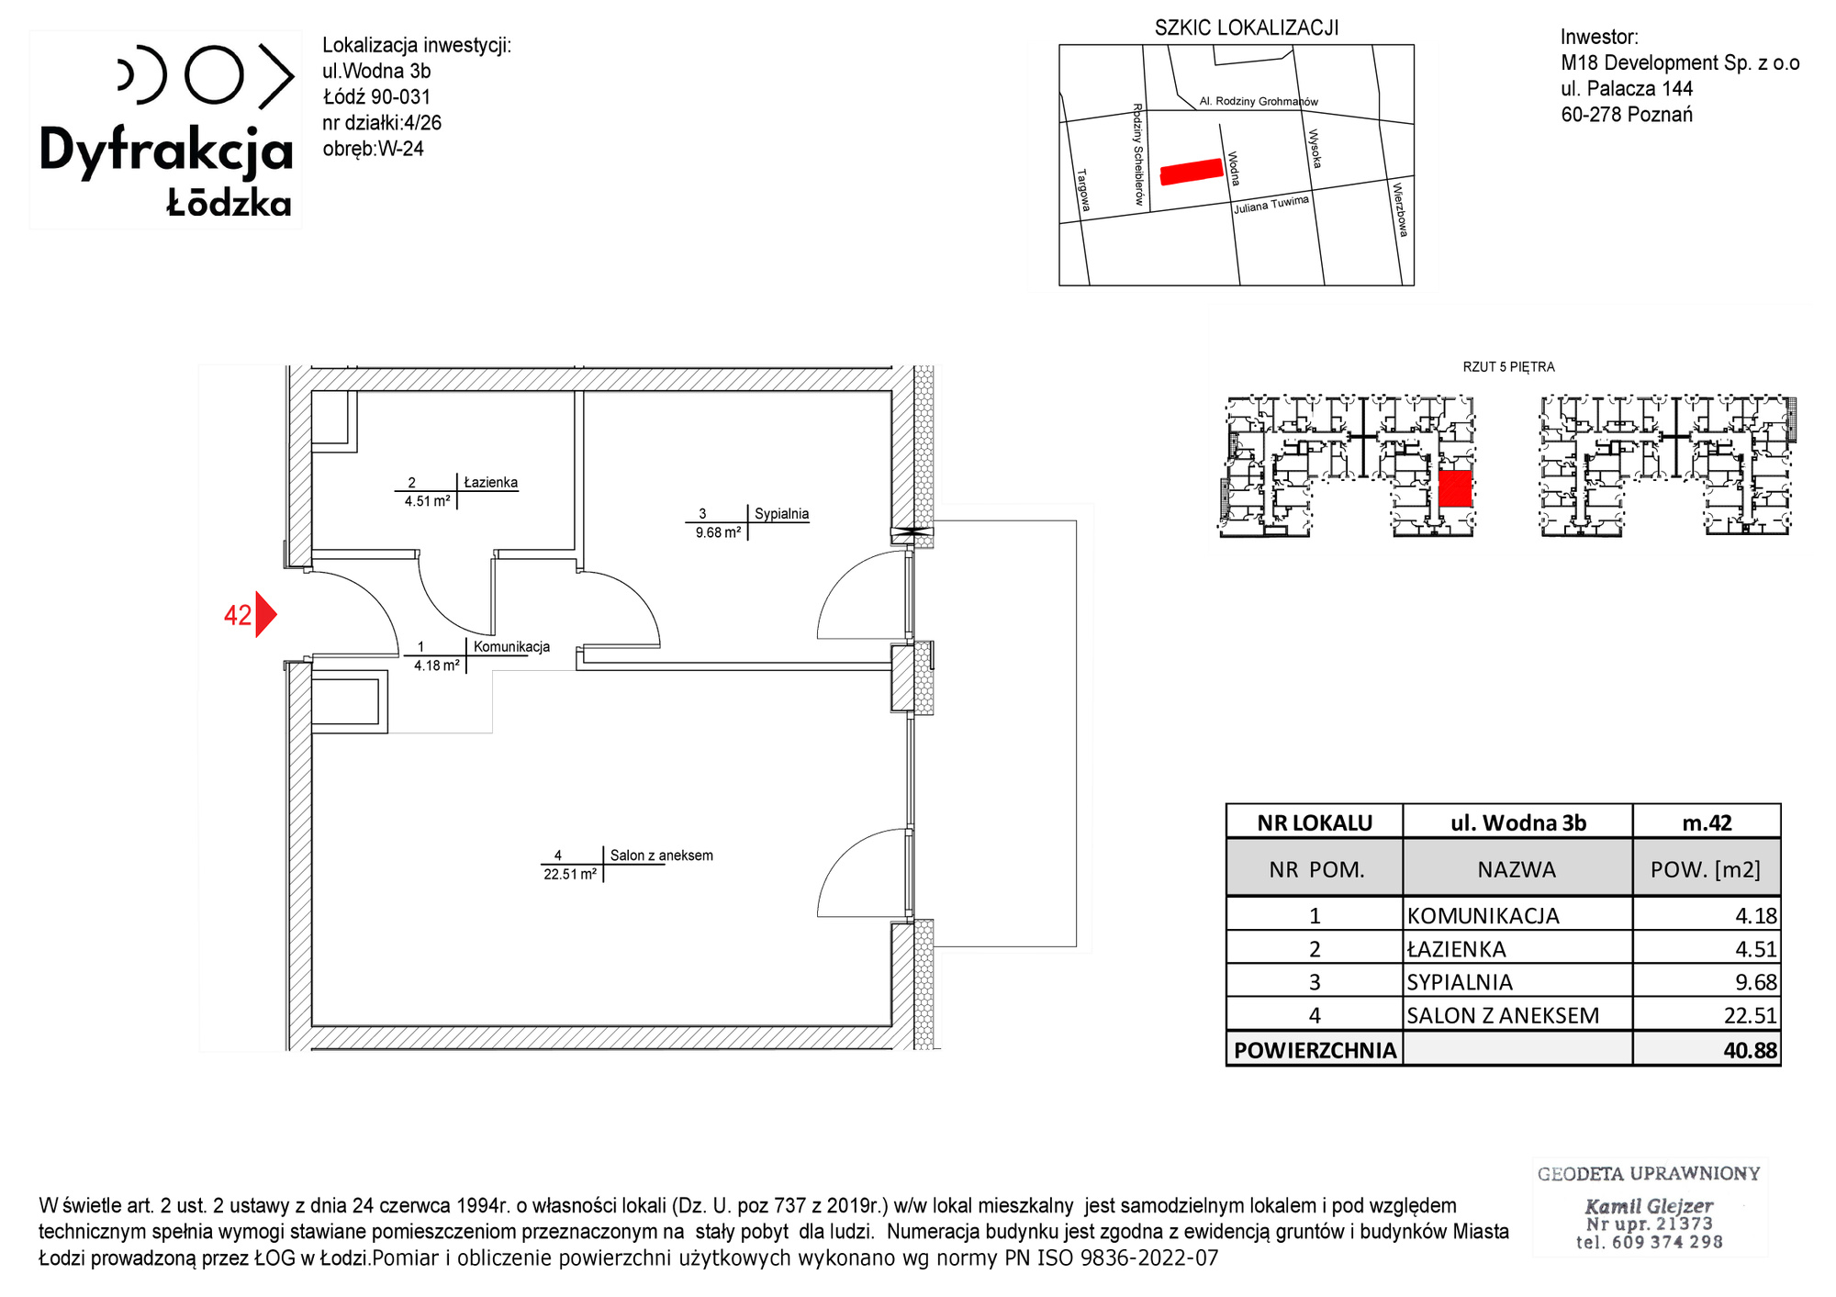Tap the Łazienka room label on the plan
(491, 482)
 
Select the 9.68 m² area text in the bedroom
(718, 532)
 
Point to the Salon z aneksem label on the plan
(662, 855)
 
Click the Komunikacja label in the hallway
(511, 646)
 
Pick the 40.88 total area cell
(1750, 1050)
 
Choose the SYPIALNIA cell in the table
(1460, 982)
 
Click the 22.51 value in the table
(1755, 1015)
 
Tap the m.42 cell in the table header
(1707, 822)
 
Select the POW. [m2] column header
(1706, 869)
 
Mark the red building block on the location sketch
(1192, 172)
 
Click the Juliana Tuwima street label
(1271, 205)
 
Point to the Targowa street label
(1084, 190)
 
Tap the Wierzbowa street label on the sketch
(1400, 210)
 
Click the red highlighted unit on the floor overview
(1455, 489)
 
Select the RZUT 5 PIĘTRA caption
(1508, 367)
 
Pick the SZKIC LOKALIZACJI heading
(1247, 28)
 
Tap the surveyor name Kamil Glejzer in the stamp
(1649, 1206)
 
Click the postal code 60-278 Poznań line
(1627, 115)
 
